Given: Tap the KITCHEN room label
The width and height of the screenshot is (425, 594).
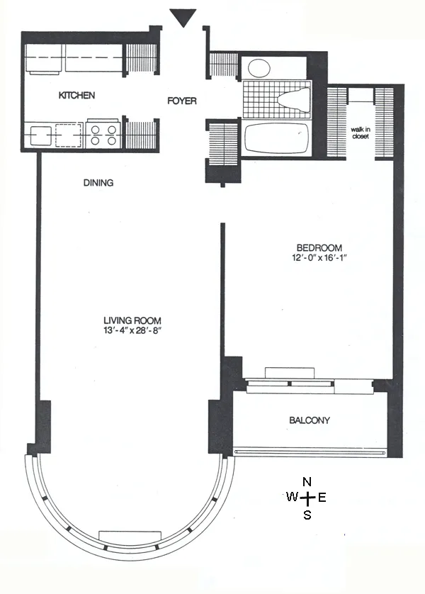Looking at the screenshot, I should [76, 95].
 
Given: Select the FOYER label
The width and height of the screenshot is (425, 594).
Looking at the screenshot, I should [181, 101].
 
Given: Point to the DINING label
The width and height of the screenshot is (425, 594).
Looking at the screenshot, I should [98, 183].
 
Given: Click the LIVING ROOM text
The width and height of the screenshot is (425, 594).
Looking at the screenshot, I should [133, 319].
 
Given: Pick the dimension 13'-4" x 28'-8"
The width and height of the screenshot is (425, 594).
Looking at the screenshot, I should [133, 330].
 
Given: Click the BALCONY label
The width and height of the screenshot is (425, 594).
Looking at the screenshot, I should [310, 420].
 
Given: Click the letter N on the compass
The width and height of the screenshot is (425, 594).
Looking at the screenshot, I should [307, 482].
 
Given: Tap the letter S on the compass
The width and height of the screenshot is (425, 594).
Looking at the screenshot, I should [307, 515].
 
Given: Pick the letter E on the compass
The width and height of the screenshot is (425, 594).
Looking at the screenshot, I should [322, 498].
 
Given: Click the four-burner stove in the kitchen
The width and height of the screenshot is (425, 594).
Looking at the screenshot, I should [103, 135].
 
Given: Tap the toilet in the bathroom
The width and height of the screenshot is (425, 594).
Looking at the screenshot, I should [292, 101].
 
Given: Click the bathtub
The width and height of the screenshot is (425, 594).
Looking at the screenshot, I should [276, 138].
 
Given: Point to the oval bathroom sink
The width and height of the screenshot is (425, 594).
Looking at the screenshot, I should [259, 68].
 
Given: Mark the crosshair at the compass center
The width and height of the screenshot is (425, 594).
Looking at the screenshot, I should [307, 498].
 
